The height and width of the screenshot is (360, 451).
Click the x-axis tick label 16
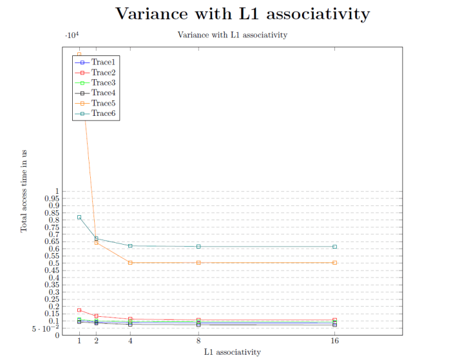(334, 342)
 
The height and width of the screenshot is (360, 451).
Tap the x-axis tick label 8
(198, 342)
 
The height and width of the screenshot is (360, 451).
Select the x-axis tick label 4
(130, 342)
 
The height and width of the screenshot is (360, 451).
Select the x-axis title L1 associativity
(233, 352)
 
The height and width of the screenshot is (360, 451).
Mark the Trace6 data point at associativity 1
(79, 217)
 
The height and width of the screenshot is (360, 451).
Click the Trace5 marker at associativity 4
(130, 263)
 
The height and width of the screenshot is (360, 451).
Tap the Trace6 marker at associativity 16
(334, 247)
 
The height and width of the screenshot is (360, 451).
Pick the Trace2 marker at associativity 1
(79, 310)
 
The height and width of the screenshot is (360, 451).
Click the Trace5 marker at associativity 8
(198, 263)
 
